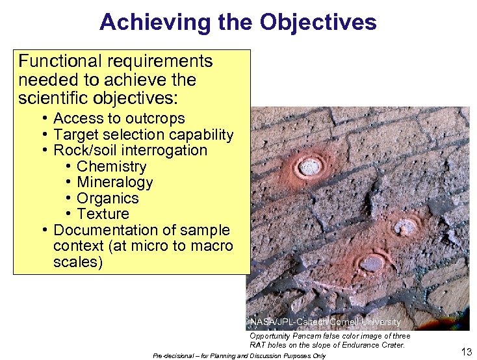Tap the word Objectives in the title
click(x=318, y=22)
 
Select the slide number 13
click(x=465, y=352)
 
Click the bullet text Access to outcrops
click(x=119, y=119)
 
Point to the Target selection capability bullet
click(x=143, y=135)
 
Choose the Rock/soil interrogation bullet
click(x=130, y=151)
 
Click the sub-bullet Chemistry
click(x=112, y=167)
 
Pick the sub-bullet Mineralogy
click(x=115, y=183)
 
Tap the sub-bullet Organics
click(x=108, y=199)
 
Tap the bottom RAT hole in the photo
click(x=371, y=263)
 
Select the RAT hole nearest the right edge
click(x=407, y=227)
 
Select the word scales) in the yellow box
click(x=78, y=263)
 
